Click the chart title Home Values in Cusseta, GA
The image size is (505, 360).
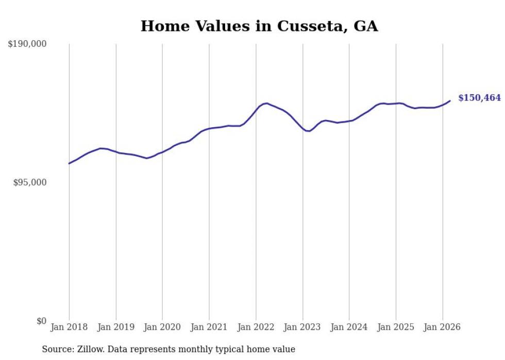click(259, 26)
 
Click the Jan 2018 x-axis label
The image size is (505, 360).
click(69, 327)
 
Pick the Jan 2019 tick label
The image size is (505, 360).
click(116, 327)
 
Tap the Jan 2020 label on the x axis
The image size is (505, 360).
click(162, 327)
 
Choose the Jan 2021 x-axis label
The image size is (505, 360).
click(209, 327)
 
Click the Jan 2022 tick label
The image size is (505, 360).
click(256, 327)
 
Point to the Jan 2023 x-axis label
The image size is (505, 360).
click(302, 327)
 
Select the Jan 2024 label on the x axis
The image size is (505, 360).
click(349, 327)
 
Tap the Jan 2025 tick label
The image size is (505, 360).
click(396, 327)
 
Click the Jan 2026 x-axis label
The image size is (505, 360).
click(443, 327)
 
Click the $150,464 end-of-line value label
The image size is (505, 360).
click(479, 98)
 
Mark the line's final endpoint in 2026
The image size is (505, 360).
click(450, 101)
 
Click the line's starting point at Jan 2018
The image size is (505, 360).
click(69, 163)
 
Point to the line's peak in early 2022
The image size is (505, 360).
click(266, 103)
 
